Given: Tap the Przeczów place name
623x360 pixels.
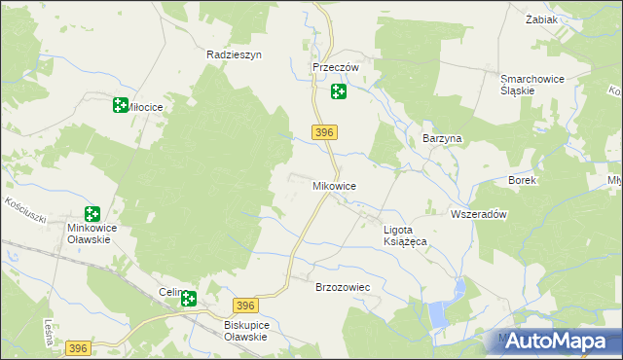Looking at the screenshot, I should [x=336, y=67].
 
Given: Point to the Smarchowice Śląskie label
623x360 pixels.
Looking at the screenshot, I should [x=532, y=85].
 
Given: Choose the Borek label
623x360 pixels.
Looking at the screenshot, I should [x=522, y=181].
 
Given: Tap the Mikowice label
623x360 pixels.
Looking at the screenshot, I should [x=334, y=185].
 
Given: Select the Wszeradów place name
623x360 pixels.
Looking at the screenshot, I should [x=479, y=214].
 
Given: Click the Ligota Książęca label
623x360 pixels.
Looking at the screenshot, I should [x=413, y=235].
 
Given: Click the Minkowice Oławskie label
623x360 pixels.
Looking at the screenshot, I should [x=92, y=235].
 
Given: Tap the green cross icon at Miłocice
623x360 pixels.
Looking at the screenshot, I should [x=121, y=105].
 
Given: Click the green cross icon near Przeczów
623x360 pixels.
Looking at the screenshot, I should [x=338, y=92].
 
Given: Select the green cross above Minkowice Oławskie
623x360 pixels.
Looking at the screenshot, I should [x=92, y=214].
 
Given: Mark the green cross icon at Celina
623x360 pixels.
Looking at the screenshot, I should [x=188, y=300].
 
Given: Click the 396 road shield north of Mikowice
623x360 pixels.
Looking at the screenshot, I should [x=325, y=132].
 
